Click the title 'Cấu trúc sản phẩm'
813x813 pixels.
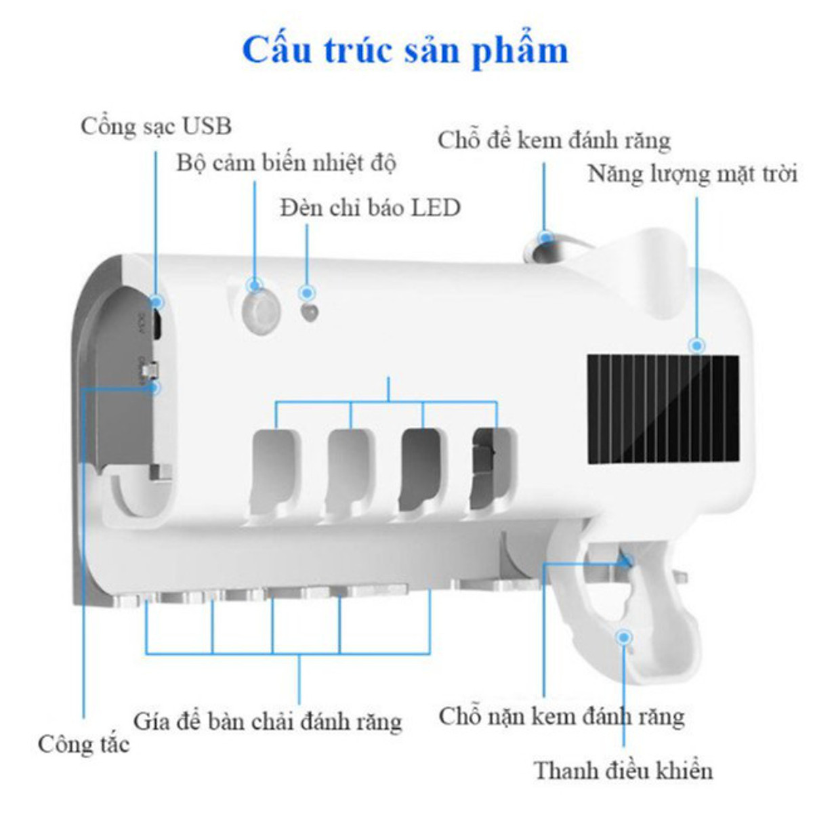(x=405, y=51)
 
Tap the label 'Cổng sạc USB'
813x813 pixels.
(x=156, y=126)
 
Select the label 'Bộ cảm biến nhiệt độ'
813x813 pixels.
(x=286, y=163)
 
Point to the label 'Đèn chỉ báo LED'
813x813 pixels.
(x=371, y=207)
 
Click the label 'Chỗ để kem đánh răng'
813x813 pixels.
(x=554, y=141)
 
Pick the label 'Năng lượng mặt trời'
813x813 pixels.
(x=692, y=174)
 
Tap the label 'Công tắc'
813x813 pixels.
(x=83, y=744)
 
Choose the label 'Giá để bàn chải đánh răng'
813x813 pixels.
(x=268, y=721)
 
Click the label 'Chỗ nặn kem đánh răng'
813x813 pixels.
(x=561, y=716)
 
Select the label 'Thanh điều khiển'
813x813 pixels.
(x=623, y=770)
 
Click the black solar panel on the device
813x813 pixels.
(x=662, y=409)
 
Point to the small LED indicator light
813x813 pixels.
(x=310, y=313)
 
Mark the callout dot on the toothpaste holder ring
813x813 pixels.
(x=545, y=237)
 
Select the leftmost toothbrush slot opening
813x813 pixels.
(x=275, y=467)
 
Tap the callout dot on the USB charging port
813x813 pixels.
(x=157, y=302)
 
